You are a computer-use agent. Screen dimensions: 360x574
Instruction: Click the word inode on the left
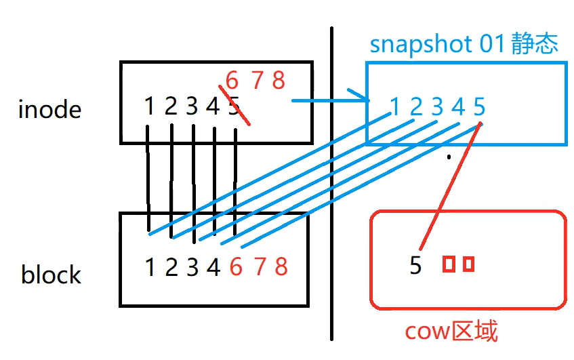[49, 109]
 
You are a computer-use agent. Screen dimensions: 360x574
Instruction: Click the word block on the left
[51, 275]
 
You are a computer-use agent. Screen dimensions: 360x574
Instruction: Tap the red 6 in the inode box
[232, 81]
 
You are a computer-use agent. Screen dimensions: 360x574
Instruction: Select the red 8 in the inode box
[279, 81]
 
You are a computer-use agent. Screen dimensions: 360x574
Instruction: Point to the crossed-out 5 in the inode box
[234, 106]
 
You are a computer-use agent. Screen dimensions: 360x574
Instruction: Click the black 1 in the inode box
[150, 106]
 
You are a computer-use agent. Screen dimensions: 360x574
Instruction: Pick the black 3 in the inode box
[192, 106]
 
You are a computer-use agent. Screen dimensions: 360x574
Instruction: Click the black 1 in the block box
[150, 267]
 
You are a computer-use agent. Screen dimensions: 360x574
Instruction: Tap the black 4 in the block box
[213, 267]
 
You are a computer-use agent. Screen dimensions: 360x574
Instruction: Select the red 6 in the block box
[236, 267]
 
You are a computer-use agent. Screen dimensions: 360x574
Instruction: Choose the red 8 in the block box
[281, 267]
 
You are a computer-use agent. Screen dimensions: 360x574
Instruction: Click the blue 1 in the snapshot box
[394, 106]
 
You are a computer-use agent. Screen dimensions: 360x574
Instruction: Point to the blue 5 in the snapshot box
[479, 106]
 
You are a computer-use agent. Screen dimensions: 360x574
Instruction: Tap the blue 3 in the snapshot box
[437, 106]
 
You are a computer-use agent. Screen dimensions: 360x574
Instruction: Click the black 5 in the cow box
[415, 265]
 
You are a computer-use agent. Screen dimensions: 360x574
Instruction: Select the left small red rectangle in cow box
[448, 264]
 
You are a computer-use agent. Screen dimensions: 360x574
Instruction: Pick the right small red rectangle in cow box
[468, 264]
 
